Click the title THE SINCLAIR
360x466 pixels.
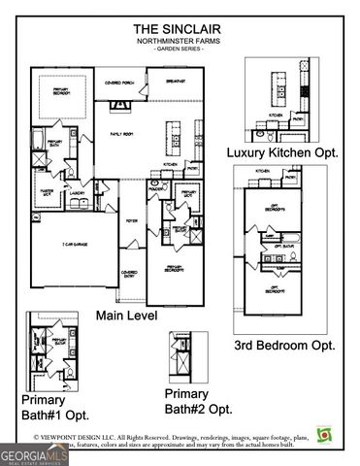tap(180, 28)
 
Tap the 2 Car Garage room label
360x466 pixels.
tap(74, 245)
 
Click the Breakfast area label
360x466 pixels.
tap(177, 82)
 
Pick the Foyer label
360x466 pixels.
tap(131, 219)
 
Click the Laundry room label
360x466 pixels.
tap(77, 192)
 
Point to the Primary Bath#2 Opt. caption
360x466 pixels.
tap(198, 401)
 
